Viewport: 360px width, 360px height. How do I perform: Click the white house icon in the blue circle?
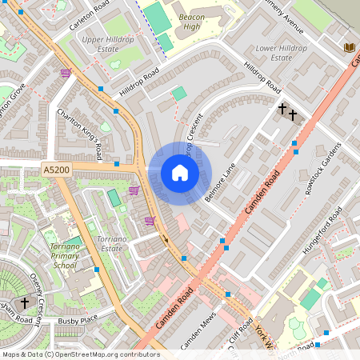(180, 173)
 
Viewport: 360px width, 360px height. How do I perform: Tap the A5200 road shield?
(57, 170)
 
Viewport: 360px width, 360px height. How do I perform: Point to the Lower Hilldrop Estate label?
(293, 53)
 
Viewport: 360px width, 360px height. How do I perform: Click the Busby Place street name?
(77, 320)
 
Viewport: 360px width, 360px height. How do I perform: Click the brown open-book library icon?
(349, 47)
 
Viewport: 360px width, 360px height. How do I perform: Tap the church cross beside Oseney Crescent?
(25, 302)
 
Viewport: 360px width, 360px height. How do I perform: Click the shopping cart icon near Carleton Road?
(66, 73)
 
